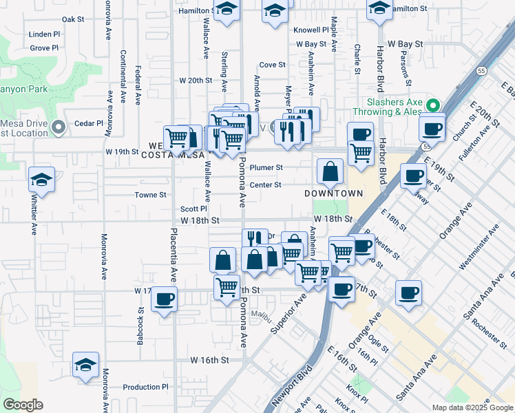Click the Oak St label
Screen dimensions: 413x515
[72, 19]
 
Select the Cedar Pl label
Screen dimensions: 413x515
[89, 124]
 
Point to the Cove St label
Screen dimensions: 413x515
[273, 65]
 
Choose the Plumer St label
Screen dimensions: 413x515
[266, 167]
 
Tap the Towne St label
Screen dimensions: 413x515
[151, 195]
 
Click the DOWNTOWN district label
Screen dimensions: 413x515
[334, 193]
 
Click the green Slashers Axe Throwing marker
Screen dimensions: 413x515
[432, 106]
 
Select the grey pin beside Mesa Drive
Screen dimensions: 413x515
[59, 127]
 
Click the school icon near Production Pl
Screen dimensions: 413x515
[85, 365]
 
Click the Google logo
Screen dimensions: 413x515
[22, 405]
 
